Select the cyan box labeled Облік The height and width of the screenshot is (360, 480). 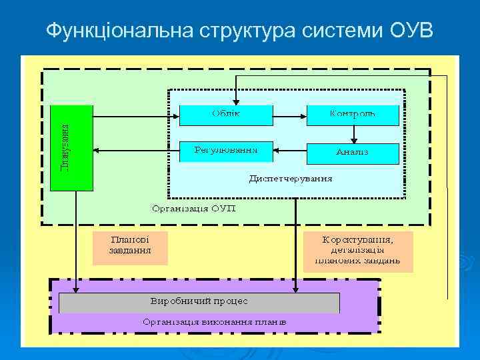pos(227,115)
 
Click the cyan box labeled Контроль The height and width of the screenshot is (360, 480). pos(352,115)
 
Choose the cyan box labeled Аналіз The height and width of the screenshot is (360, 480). pos(352,153)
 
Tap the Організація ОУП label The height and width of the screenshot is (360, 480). pos(194,208)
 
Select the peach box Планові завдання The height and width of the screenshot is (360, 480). pos(130,248)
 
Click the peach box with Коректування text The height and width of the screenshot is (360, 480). pos(357,251)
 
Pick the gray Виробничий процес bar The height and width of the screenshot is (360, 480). pos(199,302)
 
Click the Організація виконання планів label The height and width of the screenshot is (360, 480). pos(215,322)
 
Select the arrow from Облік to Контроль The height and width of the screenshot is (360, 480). pos(289,116)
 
